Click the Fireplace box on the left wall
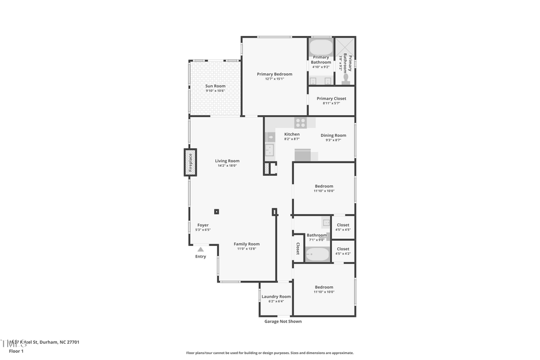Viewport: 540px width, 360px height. (190, 163)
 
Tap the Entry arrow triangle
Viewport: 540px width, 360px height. (200, 249)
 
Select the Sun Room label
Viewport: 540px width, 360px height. (215, 86)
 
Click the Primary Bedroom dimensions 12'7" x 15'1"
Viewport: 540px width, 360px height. (274, 79)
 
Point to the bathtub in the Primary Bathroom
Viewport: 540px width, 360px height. (321, 47)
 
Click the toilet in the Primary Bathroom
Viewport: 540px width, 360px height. (346, 77)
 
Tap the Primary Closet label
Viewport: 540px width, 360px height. (331, 98)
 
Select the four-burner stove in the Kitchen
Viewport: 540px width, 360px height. (301, 122)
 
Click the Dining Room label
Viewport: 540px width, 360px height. (333, 136)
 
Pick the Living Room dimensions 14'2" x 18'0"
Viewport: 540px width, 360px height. (227, 166)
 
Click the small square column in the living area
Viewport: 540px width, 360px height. (217, 211)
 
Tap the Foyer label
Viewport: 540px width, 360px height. (203, 225)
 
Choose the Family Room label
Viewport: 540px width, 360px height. (247, 244)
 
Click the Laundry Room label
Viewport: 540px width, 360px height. (276, 296)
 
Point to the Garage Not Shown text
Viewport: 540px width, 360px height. (283, 321)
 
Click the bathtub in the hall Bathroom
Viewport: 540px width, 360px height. (317, 254)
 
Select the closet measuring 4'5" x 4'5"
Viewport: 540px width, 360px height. (343, 227)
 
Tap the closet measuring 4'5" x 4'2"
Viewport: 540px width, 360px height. (343, 251)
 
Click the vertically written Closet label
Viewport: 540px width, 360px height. (298, 248)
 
